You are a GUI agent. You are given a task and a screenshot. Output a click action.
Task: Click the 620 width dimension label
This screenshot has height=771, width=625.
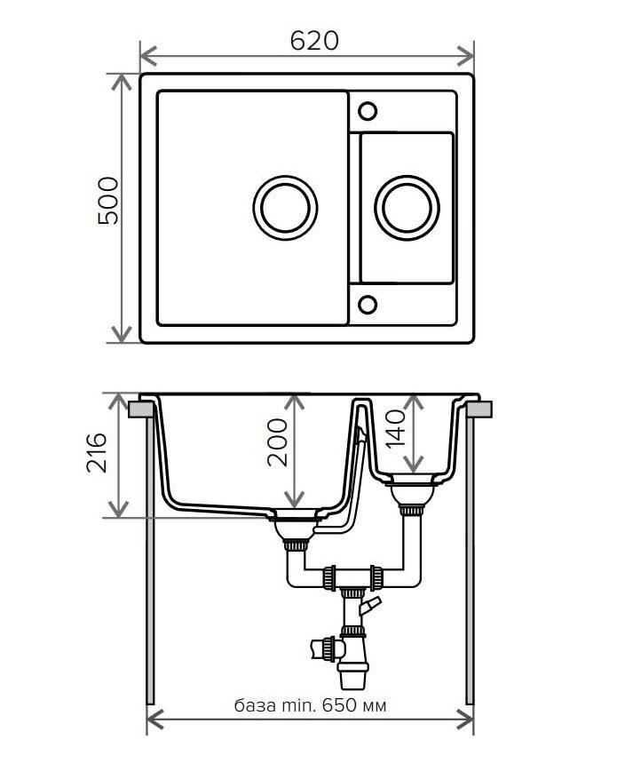tap(314, 40)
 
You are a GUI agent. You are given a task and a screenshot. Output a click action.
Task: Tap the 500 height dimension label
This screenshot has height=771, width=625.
tap(108, 201)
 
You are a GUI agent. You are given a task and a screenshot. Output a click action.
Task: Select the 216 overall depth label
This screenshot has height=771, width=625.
tap(97, 453)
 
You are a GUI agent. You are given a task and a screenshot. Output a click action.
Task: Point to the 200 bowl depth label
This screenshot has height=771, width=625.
tap(277, 442)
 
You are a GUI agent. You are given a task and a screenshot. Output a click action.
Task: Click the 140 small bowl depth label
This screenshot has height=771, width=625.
tap(396, 429)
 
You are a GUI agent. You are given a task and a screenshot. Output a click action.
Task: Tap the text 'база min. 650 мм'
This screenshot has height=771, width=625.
tap(310, 705)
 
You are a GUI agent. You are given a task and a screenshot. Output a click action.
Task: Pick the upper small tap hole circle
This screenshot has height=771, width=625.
tap(368, 111)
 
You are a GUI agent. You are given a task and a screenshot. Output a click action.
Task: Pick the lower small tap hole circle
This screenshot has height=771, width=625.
tap(368, 305)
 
